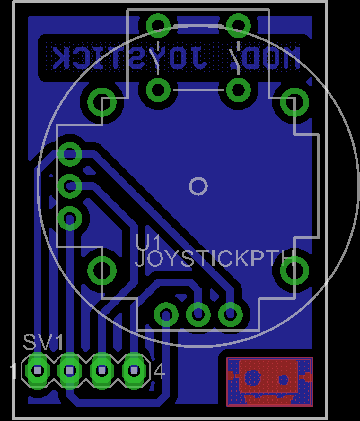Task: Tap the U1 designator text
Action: pos(148,243)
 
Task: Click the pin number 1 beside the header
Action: pos(13,371)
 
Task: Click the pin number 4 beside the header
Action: pos(159,372)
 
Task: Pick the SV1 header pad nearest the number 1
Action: pos(38,371)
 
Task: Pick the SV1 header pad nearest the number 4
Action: pos(134,371)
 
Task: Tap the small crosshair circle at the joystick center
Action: pos(198,186)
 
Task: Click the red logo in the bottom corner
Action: pos(269,382)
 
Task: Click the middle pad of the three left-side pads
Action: pos(70,186)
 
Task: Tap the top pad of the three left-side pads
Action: pos(70,154)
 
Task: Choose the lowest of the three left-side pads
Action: pos(70,219)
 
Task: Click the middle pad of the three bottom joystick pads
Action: pos(198,314)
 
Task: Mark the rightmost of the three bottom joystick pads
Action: pos(230,314)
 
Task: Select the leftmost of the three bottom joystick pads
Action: pos(166,314)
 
